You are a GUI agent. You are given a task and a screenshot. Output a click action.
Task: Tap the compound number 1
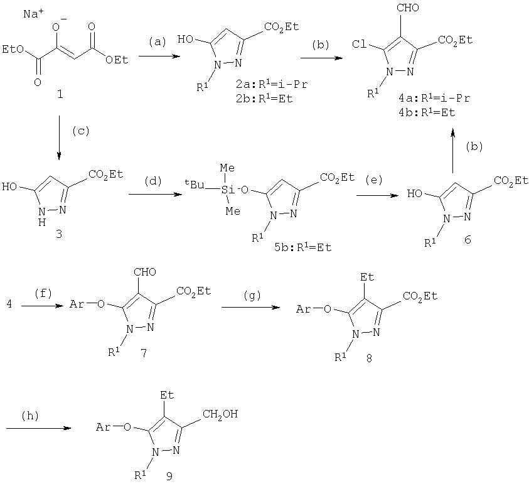pyautogui.click(x=60, y=94)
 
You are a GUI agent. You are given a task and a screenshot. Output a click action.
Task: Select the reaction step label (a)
pyautogui.click(x=158, y=42)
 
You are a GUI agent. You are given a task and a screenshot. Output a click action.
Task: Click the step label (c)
pyautogui.click(x=81, y=131)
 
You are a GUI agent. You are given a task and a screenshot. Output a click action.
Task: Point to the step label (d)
pyautogui.click(x=153, y=181)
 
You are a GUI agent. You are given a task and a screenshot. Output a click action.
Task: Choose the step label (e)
pyautogui.click(x=374, y=180)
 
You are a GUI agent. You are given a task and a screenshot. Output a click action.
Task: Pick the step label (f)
pyautogui.click(x=43, y=294)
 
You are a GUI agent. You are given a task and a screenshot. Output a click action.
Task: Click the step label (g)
pyautogui.click(x=252, y=296)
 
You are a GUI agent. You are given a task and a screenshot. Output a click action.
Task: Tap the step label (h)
pyautogui.click(x=30, y=416)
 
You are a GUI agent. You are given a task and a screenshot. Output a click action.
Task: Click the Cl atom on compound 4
pyautogui.click(x=359, y=44)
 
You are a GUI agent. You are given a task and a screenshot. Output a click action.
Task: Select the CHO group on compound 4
pyautogui.click(x=407, y=8)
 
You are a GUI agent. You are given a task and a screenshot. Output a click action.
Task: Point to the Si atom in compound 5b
pyautogui.click(x=228, y=190)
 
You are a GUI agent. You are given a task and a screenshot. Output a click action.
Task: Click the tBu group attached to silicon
pyautogui.click(x=195, y=185)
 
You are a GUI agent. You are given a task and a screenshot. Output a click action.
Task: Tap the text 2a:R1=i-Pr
pyautogui.click(x=272, y=84)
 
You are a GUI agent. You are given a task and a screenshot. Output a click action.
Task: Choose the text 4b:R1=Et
pyautogui.click(x=427, y=112)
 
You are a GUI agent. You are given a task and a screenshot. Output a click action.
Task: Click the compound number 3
pyautogui.click(x=59, y=234)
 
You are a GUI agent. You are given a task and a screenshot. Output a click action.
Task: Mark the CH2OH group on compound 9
pyautogui.click(x=220, y=414)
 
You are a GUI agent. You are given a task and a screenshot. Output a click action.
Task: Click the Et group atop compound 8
pyautogui.click(x=367, y=277)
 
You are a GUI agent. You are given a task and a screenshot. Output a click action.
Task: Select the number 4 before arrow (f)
pyautogui.click(x=9, y=304)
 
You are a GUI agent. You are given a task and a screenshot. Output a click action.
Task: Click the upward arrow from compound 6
pyautogui.click(x=453, y=151)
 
